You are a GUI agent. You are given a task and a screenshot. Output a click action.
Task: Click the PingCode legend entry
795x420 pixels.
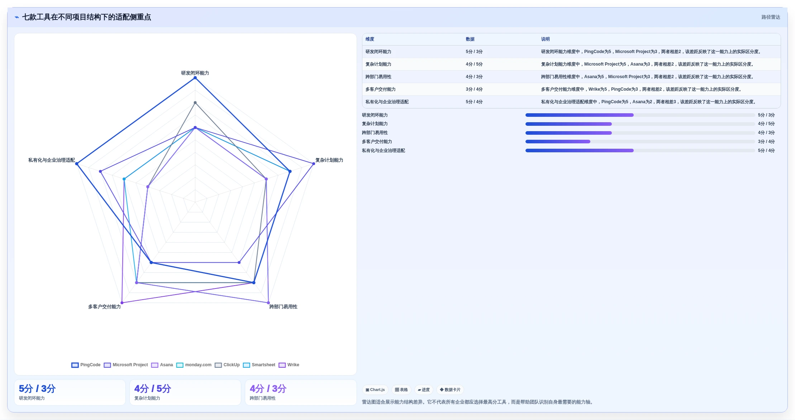click(86, 365)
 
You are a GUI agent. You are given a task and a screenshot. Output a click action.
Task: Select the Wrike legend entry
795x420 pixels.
click(289, 365)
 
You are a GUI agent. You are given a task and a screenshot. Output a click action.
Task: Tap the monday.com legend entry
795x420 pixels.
click(194, 365)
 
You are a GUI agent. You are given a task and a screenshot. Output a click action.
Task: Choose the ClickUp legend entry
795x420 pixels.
click(227, 365)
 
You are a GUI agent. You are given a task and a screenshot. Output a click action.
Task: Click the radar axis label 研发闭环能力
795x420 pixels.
click(195, 73)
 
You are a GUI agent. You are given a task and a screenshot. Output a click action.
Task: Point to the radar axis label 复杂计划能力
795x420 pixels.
click(329, 160)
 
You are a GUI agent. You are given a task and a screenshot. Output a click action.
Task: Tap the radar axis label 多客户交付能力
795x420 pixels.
click(104, 307)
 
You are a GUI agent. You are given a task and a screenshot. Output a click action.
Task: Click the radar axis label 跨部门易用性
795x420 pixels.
click(283, 307)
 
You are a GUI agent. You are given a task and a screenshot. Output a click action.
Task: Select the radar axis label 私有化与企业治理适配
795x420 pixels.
click(52, 160)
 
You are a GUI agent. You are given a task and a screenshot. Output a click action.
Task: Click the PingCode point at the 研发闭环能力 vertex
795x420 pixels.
click(195, 78)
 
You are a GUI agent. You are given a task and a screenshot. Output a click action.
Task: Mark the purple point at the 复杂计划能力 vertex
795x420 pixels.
click(314, 164)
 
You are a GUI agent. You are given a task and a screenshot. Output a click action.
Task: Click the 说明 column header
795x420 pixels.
click(545, 39)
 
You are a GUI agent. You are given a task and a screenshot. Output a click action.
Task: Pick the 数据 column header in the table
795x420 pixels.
click(470, 39)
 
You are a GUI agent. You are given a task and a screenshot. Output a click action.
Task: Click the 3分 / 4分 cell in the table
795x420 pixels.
click(474, 89)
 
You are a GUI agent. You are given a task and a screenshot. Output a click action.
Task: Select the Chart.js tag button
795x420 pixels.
click(375, 390)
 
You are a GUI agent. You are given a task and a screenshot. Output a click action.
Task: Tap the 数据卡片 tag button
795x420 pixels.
click(450, 390)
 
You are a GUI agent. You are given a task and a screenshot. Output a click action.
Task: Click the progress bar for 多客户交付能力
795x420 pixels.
click(640, 142)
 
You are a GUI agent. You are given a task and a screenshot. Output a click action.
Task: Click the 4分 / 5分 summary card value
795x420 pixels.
click(153, 388)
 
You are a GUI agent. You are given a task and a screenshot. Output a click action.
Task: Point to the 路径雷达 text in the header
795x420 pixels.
click(771, 17)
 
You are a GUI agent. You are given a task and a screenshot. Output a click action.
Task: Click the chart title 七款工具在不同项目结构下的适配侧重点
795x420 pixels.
click(86, 17)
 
